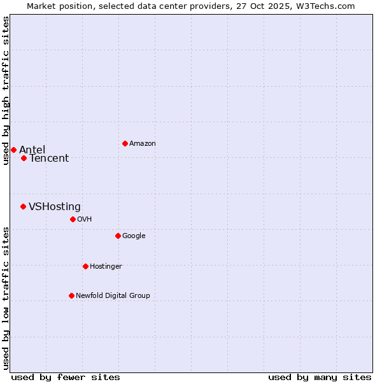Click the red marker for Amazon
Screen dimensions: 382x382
(x=125, y=143)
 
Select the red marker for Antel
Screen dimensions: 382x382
(x=13, y=150)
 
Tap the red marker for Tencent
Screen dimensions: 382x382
(x=24, y=158)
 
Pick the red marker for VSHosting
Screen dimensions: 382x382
(x=23, y=206)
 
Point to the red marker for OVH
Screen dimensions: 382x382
(x=73, y=219)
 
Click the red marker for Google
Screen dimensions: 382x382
(x=118, y=236)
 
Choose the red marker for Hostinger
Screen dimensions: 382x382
(x=85, y=266)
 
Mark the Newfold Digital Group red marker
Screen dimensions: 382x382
(x=71, y=295)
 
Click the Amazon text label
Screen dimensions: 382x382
(x=143, y=144)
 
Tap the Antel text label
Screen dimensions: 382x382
(x=32, y=150)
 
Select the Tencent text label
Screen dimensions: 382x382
(x=49, y=159)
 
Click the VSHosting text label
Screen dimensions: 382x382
(x=55, y=207)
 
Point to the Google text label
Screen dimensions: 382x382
(x=134, y=236)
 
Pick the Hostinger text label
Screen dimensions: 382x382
(x=106, y=267)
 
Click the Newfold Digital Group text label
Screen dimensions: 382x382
(x=113, y=296)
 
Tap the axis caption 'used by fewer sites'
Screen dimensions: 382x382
(x=66, y=377)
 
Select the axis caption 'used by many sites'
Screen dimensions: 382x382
(x=320, y=377)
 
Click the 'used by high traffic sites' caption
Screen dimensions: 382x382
(x=6, y=90)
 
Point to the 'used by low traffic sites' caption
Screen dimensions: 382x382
(x=6, y=297)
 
